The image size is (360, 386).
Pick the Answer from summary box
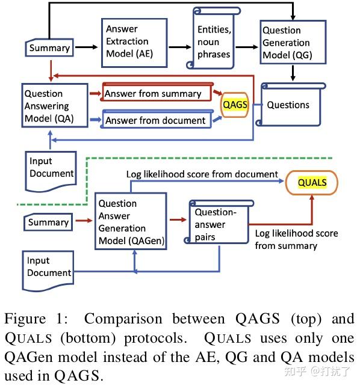pos(155,94)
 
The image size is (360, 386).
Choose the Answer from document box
pos(156,120)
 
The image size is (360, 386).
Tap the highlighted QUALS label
pos(312,183)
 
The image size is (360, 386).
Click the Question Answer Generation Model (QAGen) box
pos(131,221)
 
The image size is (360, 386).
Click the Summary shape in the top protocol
pos(49,47)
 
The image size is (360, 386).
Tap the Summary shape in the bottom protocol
pos(48,222)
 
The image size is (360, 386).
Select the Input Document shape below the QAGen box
pos(48,267)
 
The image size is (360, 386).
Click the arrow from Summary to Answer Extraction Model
pos(85,47)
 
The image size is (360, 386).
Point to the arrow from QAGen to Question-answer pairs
pos(177,220)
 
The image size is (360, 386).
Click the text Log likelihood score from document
pos(202,174)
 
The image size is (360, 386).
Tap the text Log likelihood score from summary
pos(296,239)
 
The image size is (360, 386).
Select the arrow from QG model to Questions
pos(293,73)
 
